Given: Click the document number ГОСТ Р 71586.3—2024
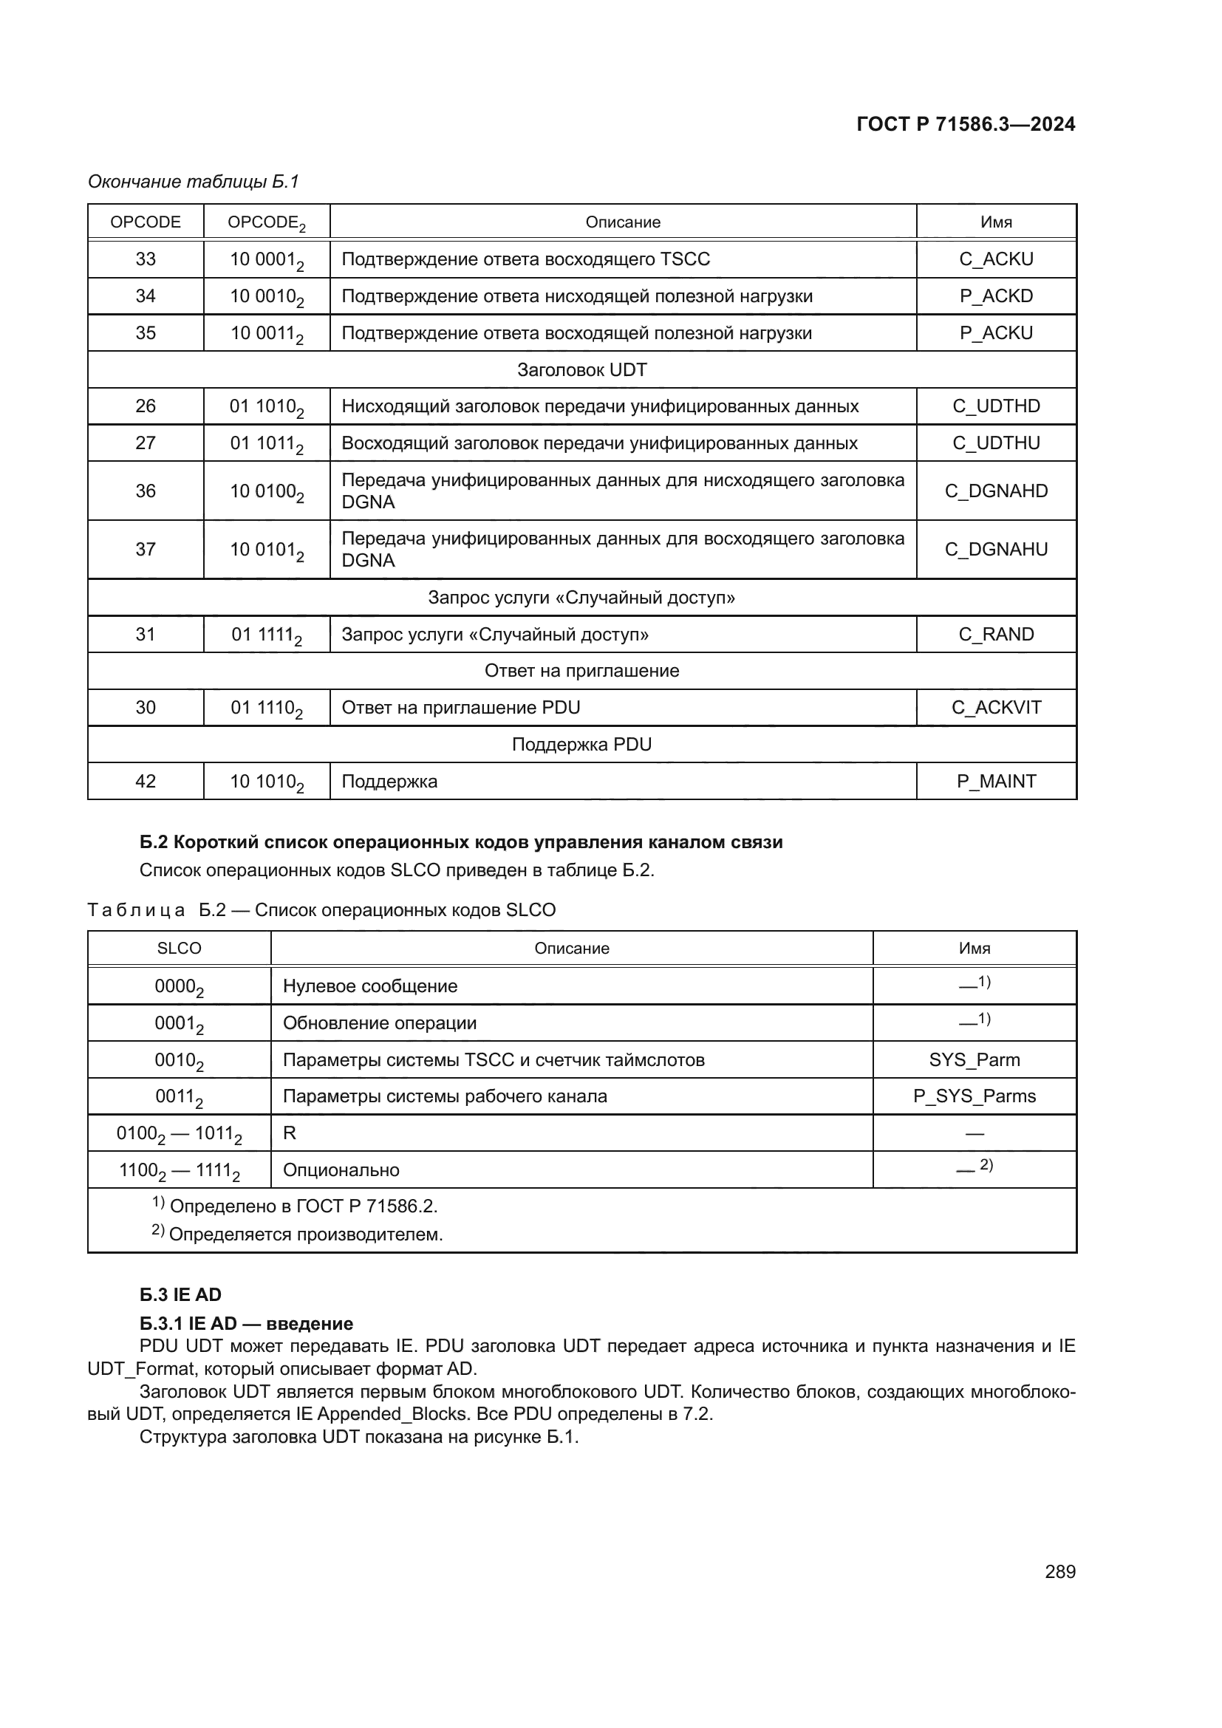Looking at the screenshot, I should [966, 124].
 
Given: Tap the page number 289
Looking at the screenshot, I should [1059, 1571].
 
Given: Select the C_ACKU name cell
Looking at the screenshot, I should [995, 259].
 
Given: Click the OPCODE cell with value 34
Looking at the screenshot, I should [146, 296].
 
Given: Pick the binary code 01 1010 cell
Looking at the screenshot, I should [267, 406].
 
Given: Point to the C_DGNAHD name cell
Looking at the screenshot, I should [995, 491].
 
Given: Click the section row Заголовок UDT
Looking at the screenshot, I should [581, 369].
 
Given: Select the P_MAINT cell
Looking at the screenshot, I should [995, 781].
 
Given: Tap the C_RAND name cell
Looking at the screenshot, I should [995, 635].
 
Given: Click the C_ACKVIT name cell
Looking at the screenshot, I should [995, 708].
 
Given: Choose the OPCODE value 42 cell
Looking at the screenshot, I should [146, 781].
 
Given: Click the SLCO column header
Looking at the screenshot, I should [179, 949].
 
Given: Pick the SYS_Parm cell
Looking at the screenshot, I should [974, 1059].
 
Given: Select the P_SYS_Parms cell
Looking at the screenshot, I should [974, 1096].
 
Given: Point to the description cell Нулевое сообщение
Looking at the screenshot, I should [369, 986].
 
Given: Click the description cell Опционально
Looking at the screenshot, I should [341, 1170].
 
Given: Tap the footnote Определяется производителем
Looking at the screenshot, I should [304, 1234].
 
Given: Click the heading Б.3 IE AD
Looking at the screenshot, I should [180, 1294].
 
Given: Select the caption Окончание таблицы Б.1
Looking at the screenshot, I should [194, 182].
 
